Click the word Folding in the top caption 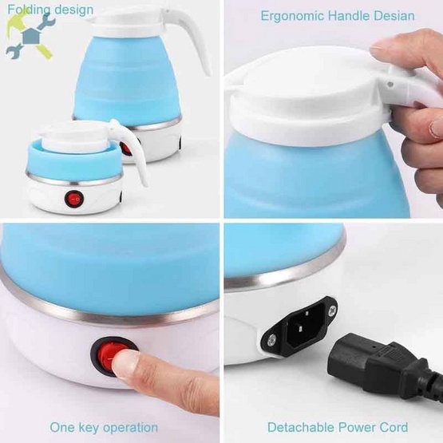tap(29, 10)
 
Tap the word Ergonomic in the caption tap(292, 16)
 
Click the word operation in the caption tap(130, 428)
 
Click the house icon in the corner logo tap(31, 35)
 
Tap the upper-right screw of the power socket tap(332, 310)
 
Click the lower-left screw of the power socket tap(272, 341)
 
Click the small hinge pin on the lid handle tap(390, 84)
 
